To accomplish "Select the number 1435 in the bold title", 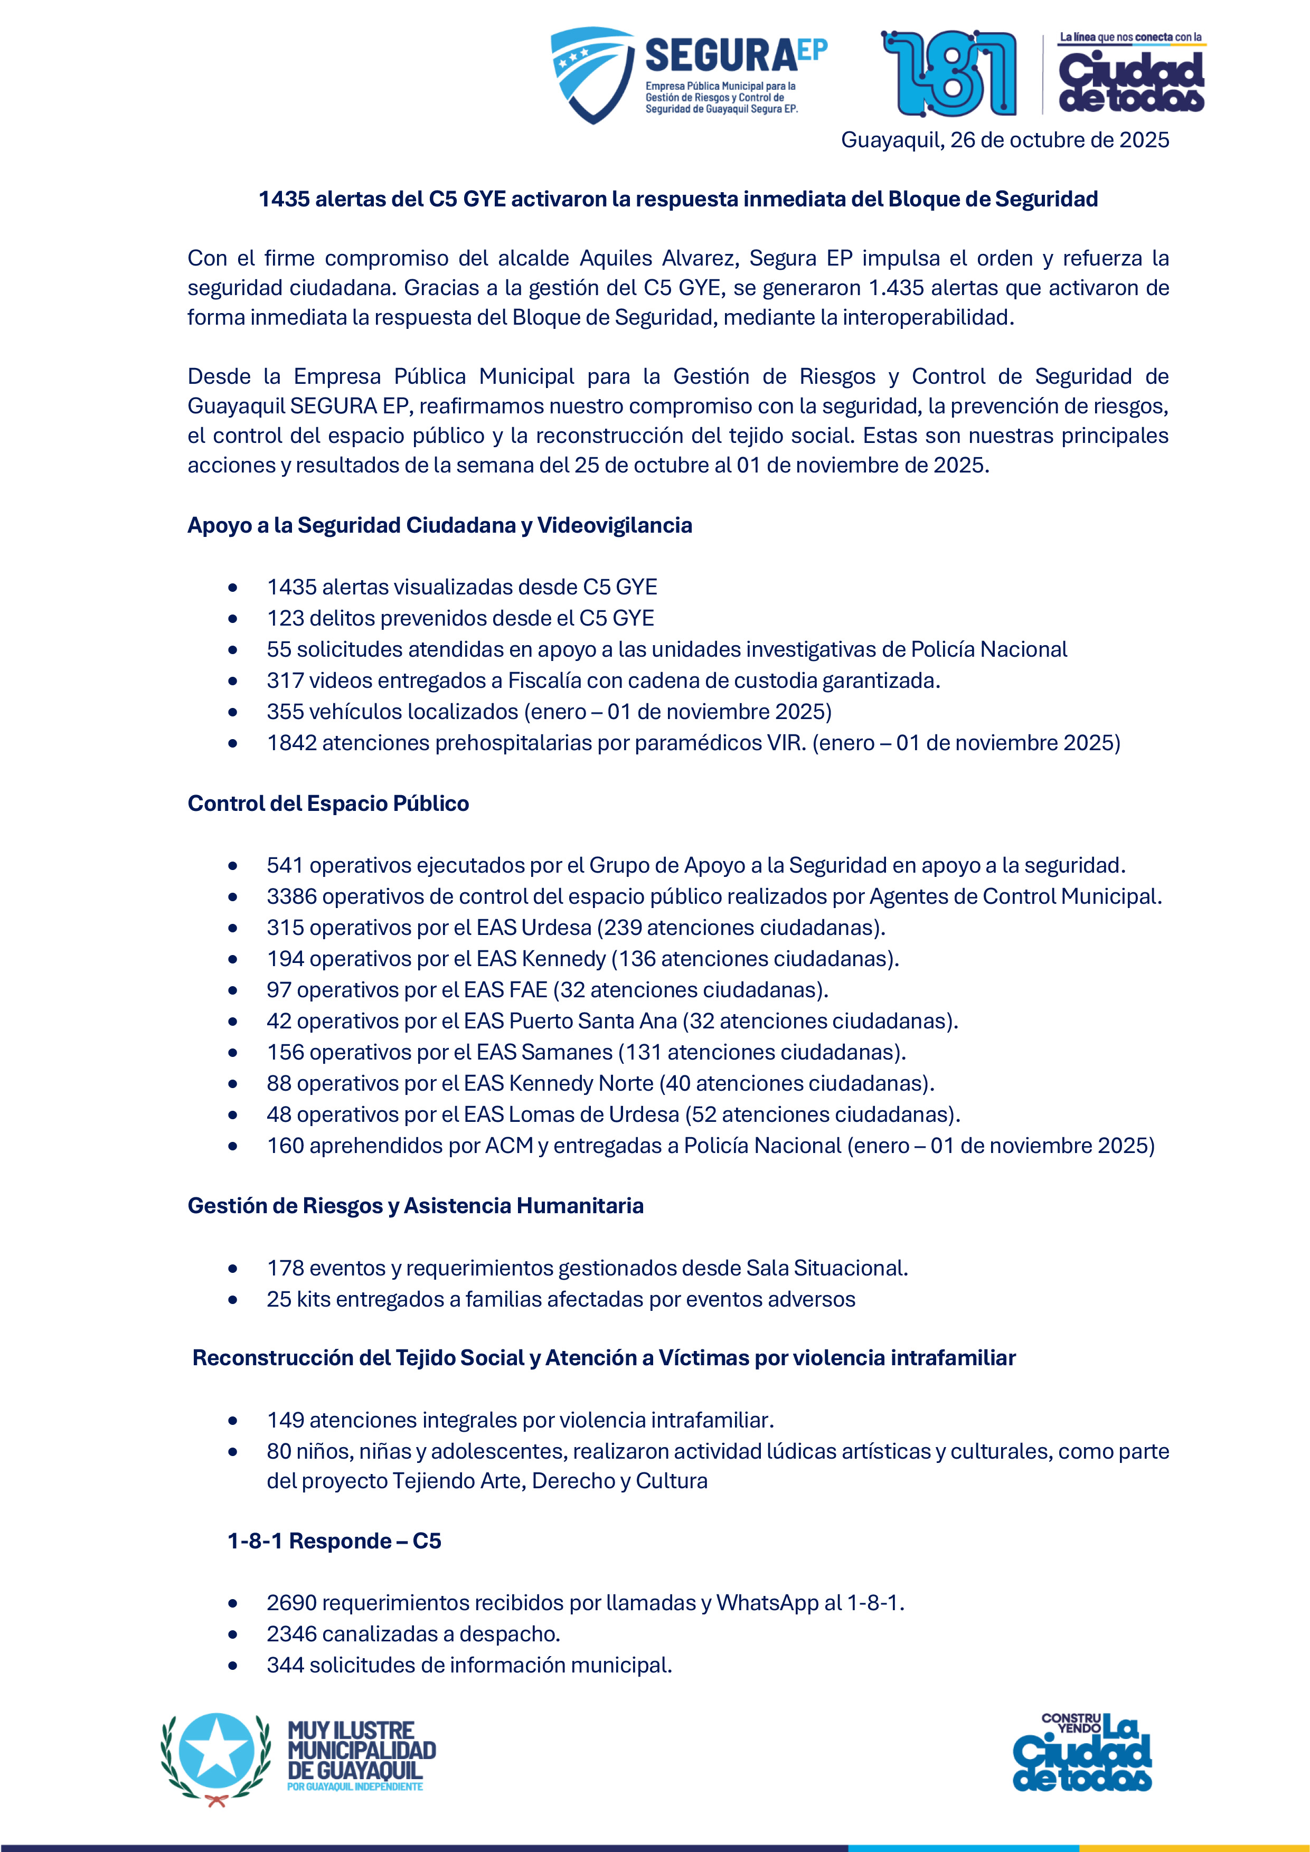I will click(285, 199).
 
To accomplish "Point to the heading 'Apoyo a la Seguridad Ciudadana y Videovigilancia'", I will click(440, 525).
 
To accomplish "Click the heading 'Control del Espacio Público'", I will click(328, 804).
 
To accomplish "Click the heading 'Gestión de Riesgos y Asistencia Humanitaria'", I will click(416, 1206).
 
